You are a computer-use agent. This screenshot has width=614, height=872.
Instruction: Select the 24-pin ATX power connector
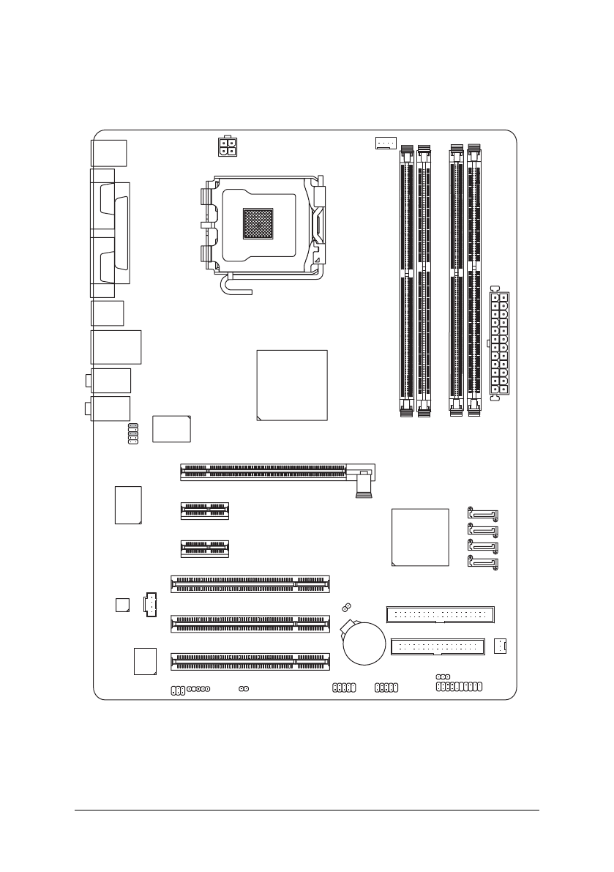(497, 343)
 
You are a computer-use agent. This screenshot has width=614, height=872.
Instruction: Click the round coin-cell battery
(364, 643)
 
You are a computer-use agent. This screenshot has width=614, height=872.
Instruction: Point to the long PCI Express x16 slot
(271, 472)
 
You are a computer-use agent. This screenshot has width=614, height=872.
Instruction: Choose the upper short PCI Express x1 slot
(205, 510)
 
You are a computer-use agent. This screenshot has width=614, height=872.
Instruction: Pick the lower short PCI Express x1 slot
(205, 548)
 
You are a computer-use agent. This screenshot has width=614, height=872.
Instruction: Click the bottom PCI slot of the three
(250, 662)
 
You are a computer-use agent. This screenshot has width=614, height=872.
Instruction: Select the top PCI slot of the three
(250, 584)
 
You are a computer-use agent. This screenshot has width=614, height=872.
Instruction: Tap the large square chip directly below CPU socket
(292, 385)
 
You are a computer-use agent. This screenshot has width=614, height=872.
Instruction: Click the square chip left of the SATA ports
(420, 537)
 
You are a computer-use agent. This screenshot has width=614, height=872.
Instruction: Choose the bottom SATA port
(482, 564)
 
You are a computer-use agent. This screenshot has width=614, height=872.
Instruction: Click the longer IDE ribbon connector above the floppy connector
(440, 614)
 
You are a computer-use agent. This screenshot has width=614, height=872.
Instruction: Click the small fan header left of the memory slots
(385, 143)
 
